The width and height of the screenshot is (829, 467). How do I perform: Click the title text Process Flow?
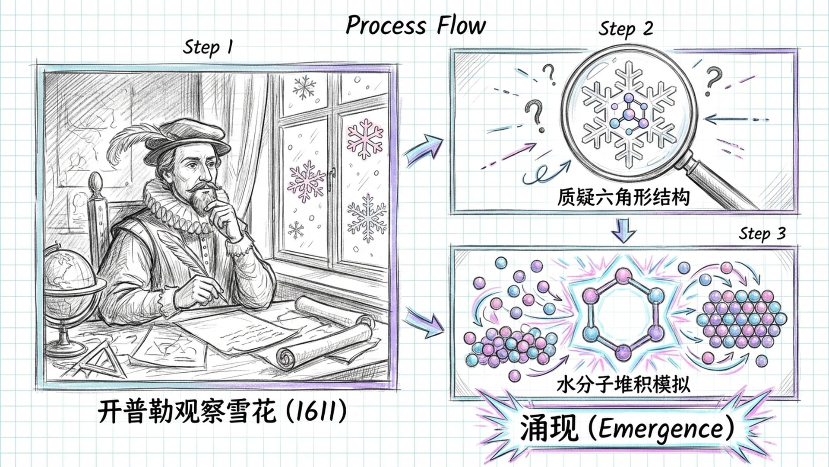(x=416, y=25)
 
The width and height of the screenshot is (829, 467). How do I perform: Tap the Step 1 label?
(x=208, y=47)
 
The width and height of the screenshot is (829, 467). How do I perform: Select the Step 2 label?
(x=625, y=29)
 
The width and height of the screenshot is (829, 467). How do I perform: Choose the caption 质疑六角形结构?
(x=623, y=197)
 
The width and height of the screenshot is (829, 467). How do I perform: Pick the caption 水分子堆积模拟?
(x=623, y=384)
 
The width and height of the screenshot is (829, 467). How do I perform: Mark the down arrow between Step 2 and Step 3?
(x=623, y=230)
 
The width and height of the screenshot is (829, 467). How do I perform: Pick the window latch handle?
(x=331, y=177)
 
